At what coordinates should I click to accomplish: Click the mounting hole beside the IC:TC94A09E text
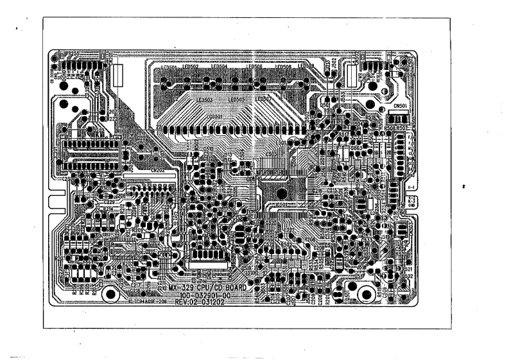point(110,294)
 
